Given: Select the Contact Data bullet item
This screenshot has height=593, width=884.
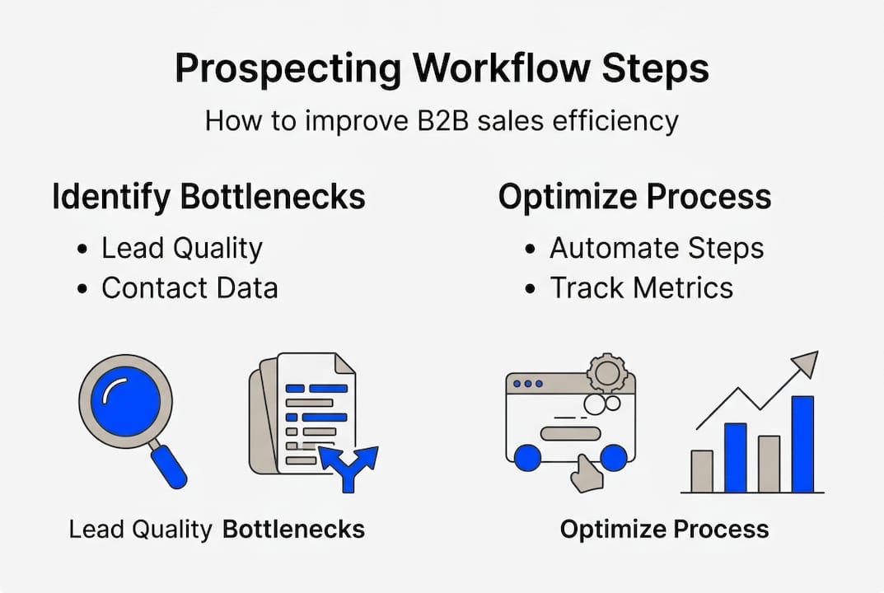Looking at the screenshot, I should (x=189, y=287).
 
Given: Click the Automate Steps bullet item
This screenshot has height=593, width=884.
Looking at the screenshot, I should (x=656, y=248).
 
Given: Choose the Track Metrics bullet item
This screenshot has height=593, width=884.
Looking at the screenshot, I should (x=641, y=287).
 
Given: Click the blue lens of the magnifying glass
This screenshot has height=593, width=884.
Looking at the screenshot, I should (x=125, y=401).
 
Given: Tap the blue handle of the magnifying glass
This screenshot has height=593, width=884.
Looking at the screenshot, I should (x=169, y=466).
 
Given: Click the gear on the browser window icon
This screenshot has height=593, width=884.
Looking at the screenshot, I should (x=607, y=373).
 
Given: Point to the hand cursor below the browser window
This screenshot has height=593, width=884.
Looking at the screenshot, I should (x=587, y=474).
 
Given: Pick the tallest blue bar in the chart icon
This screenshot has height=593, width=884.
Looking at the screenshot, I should (x=802, y=444).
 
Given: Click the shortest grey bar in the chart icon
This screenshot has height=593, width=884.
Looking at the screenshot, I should (x=702, y=471).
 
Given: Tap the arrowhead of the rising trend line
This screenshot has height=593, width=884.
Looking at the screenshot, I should (x=807, y=362).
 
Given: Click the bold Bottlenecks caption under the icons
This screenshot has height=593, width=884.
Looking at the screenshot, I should (x=293, y=529).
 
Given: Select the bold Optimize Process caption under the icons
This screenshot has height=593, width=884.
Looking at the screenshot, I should (x=664, y=529).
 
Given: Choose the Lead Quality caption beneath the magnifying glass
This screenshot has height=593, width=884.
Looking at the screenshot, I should (x=140, y=529).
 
